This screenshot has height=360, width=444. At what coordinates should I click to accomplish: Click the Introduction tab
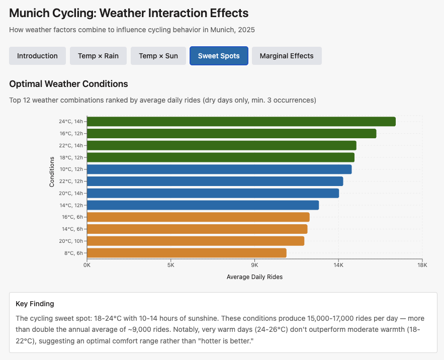[x=37, y=56]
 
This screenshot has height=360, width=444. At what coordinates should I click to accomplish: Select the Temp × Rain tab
[x=98, y=56]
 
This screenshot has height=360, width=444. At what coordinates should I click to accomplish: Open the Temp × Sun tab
[x=158, y=56]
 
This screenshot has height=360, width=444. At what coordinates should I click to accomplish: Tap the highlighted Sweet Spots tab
[x=219, y=56]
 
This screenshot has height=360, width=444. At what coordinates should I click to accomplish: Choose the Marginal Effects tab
[x=287, y=56]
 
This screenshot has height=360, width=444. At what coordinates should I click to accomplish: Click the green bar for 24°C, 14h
[x=241, y=122]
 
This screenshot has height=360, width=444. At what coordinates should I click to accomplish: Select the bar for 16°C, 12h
[x=231, y=134]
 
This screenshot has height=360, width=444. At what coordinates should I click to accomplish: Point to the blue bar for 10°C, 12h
[x=219, y=169]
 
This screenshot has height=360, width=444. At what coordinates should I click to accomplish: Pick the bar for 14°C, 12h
[x=203, y=205]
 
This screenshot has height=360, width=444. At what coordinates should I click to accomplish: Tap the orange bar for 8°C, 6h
[x=187, y=253]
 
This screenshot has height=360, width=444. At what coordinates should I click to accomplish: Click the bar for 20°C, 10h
[x=196, y=241]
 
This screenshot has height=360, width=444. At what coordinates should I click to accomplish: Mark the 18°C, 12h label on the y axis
[x=71, y=157]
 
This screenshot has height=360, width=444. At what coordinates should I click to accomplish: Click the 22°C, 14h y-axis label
[x=71, y=145]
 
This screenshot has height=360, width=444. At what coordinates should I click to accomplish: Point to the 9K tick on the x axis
[x=254, y=265]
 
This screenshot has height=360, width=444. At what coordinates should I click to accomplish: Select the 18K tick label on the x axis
[x=422, y=265]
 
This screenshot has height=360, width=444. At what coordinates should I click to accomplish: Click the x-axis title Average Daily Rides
[x=254, y=277]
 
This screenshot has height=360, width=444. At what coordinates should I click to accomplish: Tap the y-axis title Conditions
[x=52, y=172]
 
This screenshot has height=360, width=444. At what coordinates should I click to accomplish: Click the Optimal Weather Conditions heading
[x=68, y=84]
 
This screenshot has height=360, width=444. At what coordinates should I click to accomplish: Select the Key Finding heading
[x=35, y=304]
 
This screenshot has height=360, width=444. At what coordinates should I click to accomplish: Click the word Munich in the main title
[x=28, y=13]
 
